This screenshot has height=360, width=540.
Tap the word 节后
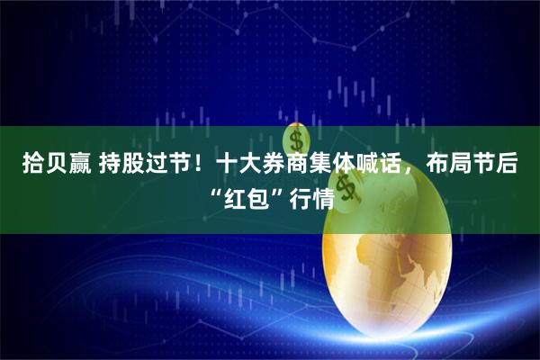point(494,166)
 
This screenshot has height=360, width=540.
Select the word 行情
point(307,197)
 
